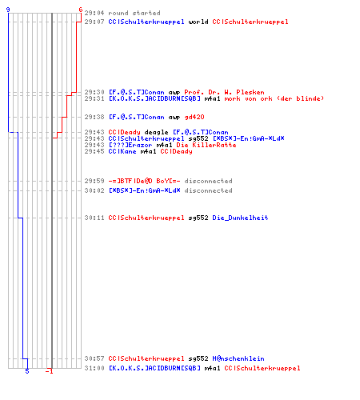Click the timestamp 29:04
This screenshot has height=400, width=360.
(94, 13)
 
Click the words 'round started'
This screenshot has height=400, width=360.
(134, 13)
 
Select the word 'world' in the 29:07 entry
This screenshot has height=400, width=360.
(198, 22)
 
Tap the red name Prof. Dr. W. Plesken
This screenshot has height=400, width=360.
(224, 92)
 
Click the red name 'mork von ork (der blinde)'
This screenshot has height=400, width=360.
(274, 98)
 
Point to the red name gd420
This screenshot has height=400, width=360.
(194, 117)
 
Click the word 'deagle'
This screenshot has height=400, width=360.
(156, 132)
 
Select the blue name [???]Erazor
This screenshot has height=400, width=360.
(130, 145)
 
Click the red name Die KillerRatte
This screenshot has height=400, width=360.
(206, 145)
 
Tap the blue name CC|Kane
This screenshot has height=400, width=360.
(122, 151)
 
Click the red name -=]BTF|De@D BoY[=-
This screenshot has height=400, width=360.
(144, 181)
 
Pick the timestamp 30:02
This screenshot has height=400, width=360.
(94, 190)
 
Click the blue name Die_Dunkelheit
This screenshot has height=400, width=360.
(240, 218)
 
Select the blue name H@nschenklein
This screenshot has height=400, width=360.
(238, 358)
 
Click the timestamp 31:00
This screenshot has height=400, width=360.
(94, 368)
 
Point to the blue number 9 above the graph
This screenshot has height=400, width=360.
(8, 10)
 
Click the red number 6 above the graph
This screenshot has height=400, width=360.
(81, 10)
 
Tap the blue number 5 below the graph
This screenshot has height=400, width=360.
(27, 371)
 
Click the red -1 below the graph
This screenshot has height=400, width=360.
(50, 371)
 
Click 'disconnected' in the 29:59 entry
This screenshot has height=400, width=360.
(208, 181)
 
